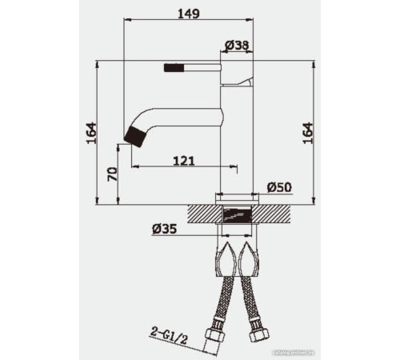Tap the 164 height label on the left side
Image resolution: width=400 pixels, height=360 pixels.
coord(90,132)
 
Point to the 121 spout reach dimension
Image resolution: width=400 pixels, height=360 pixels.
coord(184,160)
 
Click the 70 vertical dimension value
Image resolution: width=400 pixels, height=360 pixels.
coord(113,174)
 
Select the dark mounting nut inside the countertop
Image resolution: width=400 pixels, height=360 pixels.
coord(238,214)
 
